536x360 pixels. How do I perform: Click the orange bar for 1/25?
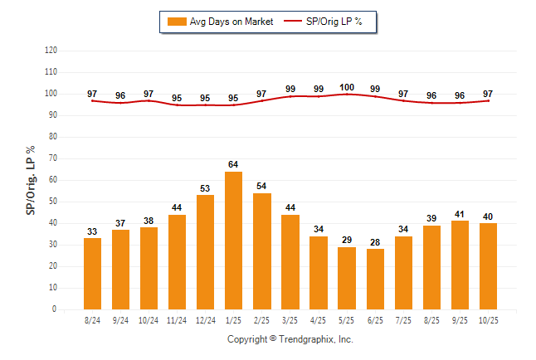pos(234,241)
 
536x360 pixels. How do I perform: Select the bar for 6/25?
pos(375,279)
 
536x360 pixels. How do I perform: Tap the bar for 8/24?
pos(92,274)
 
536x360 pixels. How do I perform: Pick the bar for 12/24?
pos(206,252)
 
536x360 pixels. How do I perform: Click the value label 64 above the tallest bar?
pos(234,164)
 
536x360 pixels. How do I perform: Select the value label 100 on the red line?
pos(347,87)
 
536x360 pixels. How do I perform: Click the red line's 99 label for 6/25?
pos(375,89)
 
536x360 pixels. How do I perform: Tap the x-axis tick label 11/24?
pos(178,319)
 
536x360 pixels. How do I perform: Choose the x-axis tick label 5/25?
pos(347,319)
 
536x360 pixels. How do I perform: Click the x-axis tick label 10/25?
pos(488,319)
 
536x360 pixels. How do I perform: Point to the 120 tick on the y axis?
pos(51,50)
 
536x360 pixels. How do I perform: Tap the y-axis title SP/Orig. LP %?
pos(32,179)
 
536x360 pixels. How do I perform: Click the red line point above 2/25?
pos(262,100)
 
